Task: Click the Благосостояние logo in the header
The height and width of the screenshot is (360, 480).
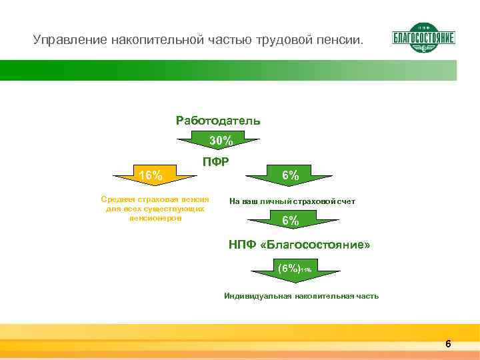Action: (424, 38)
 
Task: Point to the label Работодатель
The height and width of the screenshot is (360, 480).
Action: (218, 121)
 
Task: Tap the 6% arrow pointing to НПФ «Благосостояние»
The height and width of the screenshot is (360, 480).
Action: (290, 221)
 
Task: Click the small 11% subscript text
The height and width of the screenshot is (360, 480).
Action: (305, 269)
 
